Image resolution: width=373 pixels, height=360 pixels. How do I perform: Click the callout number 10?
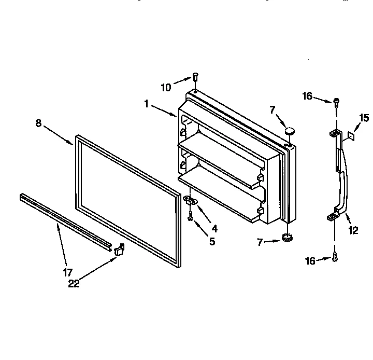[166, 88]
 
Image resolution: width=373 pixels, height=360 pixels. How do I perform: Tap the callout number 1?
[147, 104]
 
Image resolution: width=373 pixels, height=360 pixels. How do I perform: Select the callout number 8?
[39, 123]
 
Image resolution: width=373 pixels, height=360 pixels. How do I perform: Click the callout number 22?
[75, 284]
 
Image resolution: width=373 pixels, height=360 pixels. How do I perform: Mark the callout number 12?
[353, 231]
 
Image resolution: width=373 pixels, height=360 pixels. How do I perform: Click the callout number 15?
[365, 118]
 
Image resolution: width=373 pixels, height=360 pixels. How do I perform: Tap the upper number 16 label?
[308, 96]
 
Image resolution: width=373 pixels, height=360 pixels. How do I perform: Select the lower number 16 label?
[310, 261]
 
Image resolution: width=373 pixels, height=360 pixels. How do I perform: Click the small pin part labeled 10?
[195, 77]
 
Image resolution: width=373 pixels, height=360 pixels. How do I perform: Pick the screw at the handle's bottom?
[335, 256]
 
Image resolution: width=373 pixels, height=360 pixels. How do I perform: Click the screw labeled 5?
[191, 218]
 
